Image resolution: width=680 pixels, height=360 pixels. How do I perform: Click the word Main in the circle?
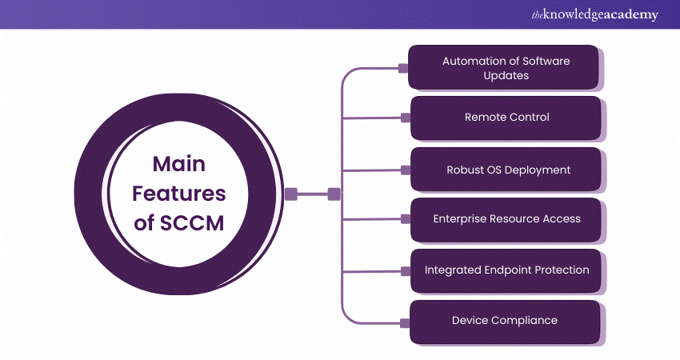coord(179,164)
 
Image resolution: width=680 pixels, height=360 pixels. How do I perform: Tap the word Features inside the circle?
coord(179,194)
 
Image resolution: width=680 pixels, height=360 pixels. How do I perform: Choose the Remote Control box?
coord(506,117)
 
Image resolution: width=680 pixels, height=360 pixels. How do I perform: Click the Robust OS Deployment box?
coord(506,170)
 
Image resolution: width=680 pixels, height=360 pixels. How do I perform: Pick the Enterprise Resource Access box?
coord(506,218)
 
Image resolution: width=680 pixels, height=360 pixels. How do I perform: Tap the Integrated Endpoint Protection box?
coord(506,270)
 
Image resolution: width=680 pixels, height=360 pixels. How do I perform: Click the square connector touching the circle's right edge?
coord(291,194)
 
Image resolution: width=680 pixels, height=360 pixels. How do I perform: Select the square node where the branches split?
coord(334,194)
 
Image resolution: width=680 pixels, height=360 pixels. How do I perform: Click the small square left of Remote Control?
coord(405,118)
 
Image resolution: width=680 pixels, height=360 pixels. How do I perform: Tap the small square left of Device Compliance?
coord(405,322)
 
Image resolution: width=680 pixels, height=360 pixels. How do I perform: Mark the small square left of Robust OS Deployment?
coord(405,170)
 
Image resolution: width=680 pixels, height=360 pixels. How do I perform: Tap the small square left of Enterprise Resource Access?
coord(405,220)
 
